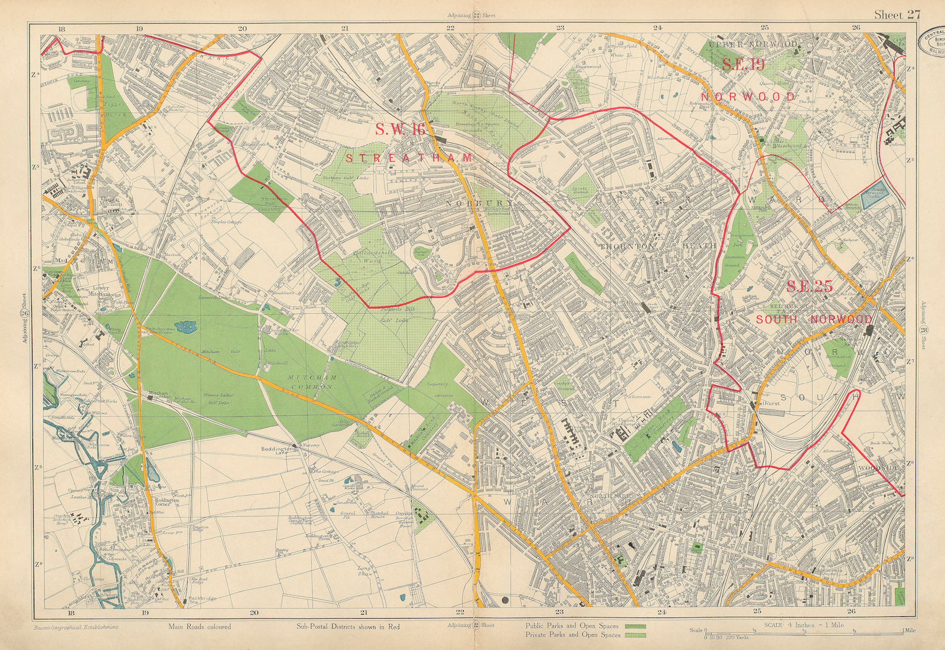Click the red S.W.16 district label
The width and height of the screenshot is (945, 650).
tap(400, 131)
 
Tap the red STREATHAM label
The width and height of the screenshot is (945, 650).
tap(409, 158)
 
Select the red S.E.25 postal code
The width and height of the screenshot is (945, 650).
tap(809, 287)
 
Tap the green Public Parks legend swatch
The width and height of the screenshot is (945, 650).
tap(633, 626)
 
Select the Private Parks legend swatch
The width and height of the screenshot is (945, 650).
tap(633, 636)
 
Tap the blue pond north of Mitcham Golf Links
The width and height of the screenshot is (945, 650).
tap(188, 326)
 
